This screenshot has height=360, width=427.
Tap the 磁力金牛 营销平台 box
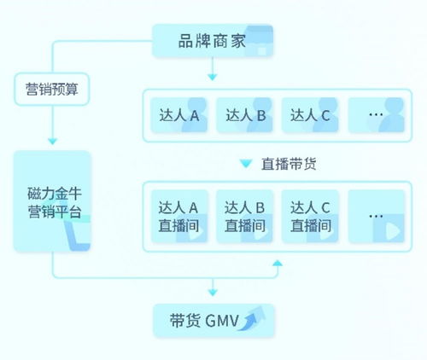point(52,201)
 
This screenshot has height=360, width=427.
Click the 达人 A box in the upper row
point(178,115)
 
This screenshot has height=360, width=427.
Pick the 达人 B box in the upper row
point(244,115)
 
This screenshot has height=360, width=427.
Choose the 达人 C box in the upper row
point(310,115)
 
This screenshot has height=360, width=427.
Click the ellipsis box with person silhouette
point(377,115)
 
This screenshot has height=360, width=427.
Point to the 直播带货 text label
point(288,164)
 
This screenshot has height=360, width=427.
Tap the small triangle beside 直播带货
point(246,164)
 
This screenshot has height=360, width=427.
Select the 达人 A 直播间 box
point(178,217)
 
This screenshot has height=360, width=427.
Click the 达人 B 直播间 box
point(244,217)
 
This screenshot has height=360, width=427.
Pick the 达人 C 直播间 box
point(310,217)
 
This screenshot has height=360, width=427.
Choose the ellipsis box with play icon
point(377,217)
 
